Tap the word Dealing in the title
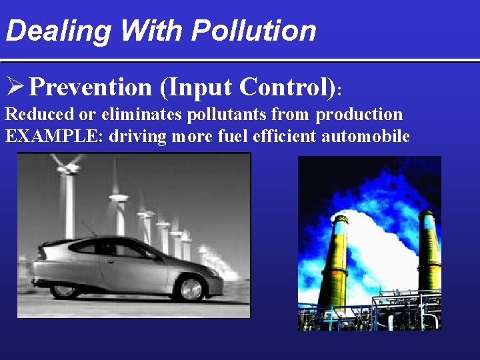[x=49, y=31]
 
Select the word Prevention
[x=91, y=87]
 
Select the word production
[x=359, y=115]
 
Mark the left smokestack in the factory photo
[x=333, y=260]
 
